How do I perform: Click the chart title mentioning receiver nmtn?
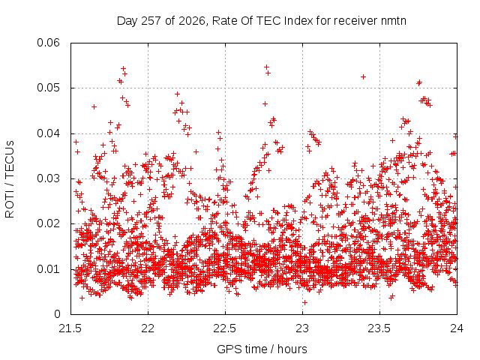coord(262,21)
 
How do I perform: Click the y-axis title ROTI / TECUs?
coord(10,179)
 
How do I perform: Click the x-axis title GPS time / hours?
coord(262,349)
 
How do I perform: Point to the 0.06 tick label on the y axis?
coord(48,43)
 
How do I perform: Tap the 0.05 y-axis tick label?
coord(48,88)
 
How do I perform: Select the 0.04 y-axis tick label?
coord(48,133)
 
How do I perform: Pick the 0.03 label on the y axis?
coord(48,178)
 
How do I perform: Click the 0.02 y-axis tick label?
coord(48,223)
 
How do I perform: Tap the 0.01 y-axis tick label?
coord(48,269)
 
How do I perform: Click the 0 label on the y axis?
coord(57,314)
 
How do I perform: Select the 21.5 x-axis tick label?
coord(70,328)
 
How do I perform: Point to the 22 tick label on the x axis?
coord(148,328)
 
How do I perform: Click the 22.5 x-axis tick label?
coord(225,328)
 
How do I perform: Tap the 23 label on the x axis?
coord(303,328)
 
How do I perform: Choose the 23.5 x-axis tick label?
coord(380,328)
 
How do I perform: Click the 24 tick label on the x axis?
coord(457,328)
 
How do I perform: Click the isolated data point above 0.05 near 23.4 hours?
coord(363,76)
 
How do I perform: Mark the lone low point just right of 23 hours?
coord(304,303)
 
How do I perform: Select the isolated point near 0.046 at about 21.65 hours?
coord(94,106)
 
